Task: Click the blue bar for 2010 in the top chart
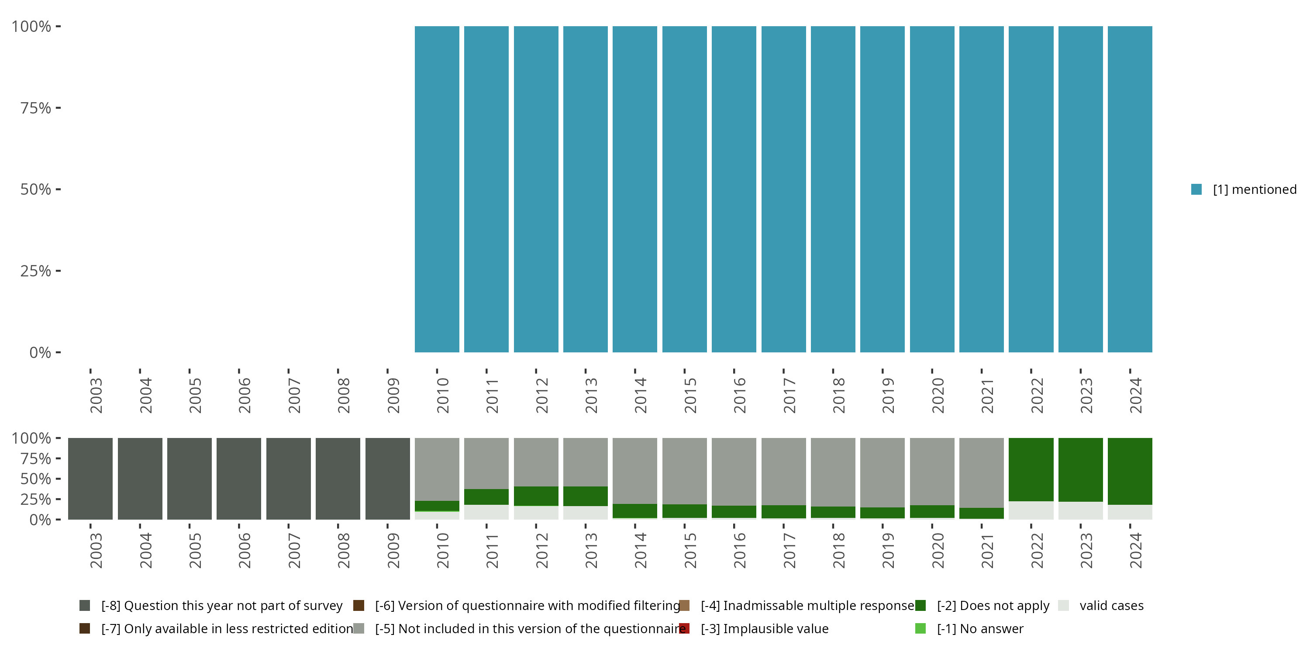(x=437, y=189)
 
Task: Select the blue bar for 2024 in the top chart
(x=1130, y=189)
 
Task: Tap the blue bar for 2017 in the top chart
(x=783, y=189)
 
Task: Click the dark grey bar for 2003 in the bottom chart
(x=90, y=479)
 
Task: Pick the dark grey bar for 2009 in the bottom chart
(x=387, y=479)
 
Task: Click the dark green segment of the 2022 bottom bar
(x=1031, y=469)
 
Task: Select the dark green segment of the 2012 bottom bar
(x=536, y=496)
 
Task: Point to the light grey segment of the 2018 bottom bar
(x=832, y=472)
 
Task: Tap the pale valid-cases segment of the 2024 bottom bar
(x=1130, y=512)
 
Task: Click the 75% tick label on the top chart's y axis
(x=36, y=108)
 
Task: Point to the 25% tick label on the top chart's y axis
(x=36, y=271)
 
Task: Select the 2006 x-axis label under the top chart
(x=245, y=395)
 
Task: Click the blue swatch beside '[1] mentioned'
(x=1196, y=189)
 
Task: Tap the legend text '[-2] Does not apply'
(x=993, y=606)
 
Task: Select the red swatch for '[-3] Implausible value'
(x=685, y=628)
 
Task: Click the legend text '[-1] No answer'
(x=980, y=628)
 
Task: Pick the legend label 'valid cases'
(x=1111, y=606)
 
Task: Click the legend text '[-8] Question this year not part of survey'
(x=222, y=606)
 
